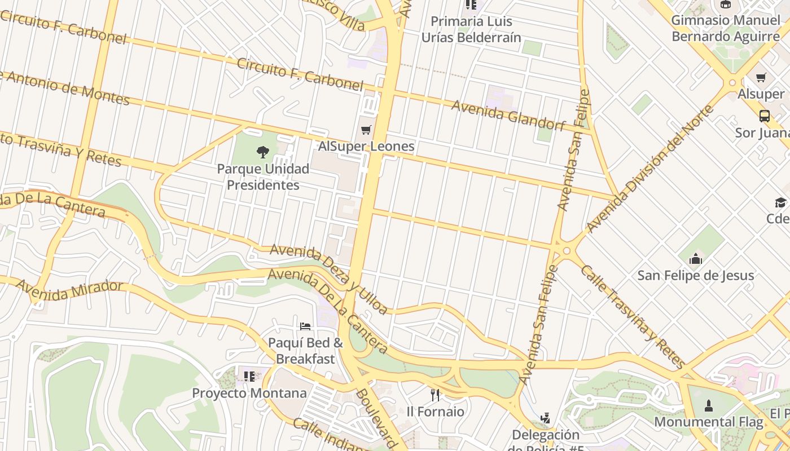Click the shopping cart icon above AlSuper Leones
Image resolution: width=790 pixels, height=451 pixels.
pyautogui.click(x=366, y=130)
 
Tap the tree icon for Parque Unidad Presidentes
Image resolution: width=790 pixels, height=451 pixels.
pyautogui.click(x=262, y=152)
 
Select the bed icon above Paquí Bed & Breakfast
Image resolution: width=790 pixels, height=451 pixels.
pyautogui.click(x=305, y=326)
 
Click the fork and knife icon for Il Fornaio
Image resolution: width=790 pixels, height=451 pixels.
pyautogui.click(x=435, y=395)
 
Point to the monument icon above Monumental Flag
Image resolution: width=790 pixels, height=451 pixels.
pyautogui.click(x=709, y=405)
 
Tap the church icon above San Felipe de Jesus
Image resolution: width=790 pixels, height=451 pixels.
pyautogui.click(x=696, y=259)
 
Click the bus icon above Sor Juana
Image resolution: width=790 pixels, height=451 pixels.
pyautogui.click(x=764, y=116)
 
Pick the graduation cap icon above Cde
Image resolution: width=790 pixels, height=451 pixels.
pyautogui.click(x=780, y=202)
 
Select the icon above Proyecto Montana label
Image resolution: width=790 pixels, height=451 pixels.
pyautogui.click(x=249, y=376)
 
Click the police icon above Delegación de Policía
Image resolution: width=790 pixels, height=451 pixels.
pyautogui.click(x=545, y=418)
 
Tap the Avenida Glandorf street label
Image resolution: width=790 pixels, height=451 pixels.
pyautogui.click(x=508, y=115)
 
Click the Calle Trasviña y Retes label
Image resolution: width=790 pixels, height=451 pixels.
pyautogui.click(x=632, y=317)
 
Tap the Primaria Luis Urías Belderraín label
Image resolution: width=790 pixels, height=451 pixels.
pyautogui.click(x=471, y=29)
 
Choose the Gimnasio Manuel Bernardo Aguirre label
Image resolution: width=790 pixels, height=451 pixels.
pyautogui.click(x=725, y=29)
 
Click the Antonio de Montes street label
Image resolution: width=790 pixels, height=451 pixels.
pyautogui.click(x=65, y=88)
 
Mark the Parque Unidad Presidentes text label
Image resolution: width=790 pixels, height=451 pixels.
pyautogui.click(x=263, y=177)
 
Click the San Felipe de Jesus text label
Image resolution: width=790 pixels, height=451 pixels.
pyautogui.click(x=695, y=276)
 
